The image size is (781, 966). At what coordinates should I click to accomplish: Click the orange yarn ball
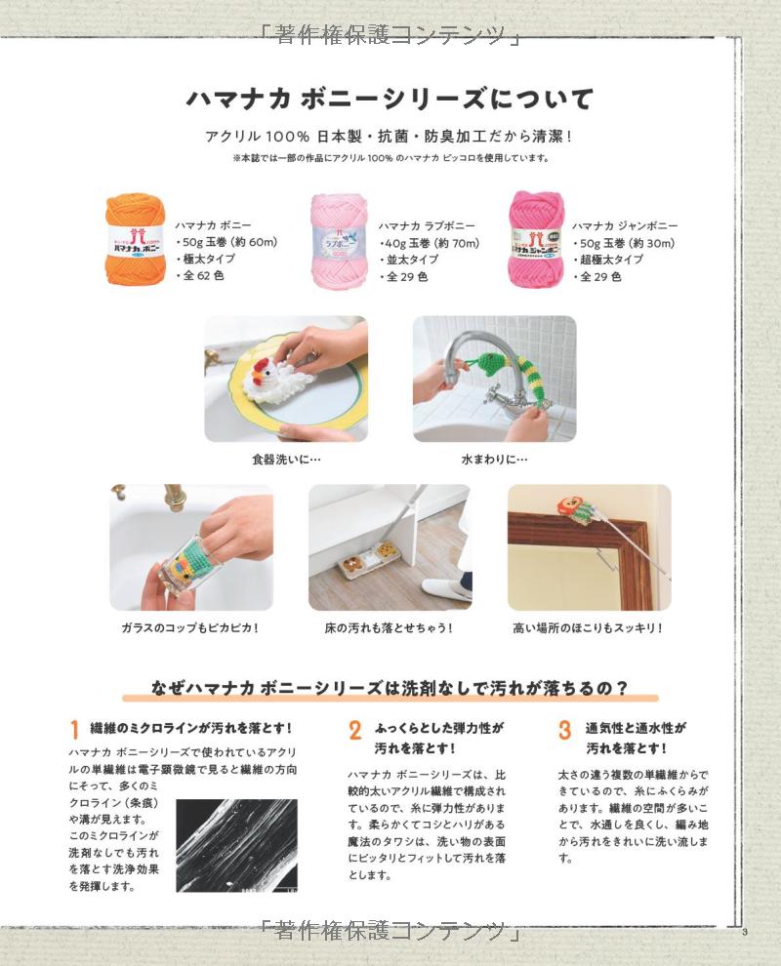point(136,239)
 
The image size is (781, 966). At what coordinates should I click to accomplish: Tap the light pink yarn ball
point(339,240)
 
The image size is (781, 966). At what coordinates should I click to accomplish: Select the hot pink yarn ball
point(536,239)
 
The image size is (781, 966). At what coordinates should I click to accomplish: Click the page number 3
point(745,932)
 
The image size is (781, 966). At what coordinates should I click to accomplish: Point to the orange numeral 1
point(74,730)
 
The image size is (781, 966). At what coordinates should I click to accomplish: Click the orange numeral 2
point(355,730)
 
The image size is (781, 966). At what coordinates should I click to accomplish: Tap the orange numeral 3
point(564,730)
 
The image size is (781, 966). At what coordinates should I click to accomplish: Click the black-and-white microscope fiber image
point(236,845)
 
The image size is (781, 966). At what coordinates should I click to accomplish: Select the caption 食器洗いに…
point(286,460)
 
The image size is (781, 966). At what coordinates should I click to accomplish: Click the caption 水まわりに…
point(494,460)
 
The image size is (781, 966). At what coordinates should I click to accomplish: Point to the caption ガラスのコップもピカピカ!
point(189,627)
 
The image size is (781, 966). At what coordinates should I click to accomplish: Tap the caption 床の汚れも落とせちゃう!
point(389,627)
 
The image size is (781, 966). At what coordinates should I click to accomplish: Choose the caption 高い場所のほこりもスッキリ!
point(588,627)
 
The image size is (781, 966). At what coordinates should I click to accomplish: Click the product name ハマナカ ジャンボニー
point(625,225)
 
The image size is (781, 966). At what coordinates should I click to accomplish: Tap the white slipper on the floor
point(447,588)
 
